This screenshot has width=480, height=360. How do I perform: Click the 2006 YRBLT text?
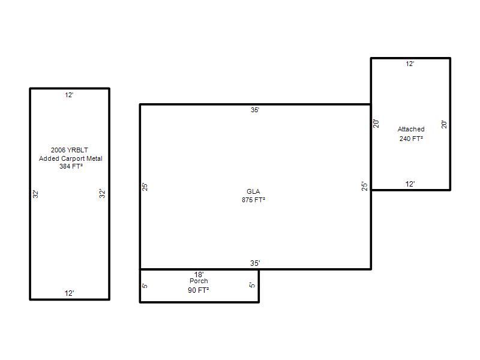pos(70,150)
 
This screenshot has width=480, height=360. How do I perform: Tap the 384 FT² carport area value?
pos(71,166)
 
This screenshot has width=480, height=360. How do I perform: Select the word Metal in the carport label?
pos(94,158)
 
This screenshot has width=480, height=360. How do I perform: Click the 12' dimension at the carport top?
pos(69,95)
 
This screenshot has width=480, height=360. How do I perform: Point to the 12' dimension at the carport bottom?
pos(69,293)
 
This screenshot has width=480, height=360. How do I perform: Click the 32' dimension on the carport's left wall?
pos(35,194)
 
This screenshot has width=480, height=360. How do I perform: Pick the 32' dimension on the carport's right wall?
pos(102,193)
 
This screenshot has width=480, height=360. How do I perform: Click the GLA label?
pos(253,191)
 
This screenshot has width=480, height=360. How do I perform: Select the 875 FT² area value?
pos(253,200)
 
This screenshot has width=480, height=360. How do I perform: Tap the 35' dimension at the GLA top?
pos(255,110)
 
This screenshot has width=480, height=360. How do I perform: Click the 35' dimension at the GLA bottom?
pos(255,263)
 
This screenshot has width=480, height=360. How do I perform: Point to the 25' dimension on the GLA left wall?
pos(145,187)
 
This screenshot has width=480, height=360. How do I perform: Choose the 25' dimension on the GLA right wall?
pos(364,186)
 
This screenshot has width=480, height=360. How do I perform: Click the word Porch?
pos(199,281)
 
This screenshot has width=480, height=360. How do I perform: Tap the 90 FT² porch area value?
pos(199,290)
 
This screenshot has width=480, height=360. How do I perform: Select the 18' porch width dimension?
pos(199,274)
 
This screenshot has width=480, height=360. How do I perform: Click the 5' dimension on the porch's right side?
pos(252,285)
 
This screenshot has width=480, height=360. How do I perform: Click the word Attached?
pos(411,129)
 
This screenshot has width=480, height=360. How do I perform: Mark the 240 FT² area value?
pos(411,139)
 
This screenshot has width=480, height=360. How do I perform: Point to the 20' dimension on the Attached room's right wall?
pos(444,124)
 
